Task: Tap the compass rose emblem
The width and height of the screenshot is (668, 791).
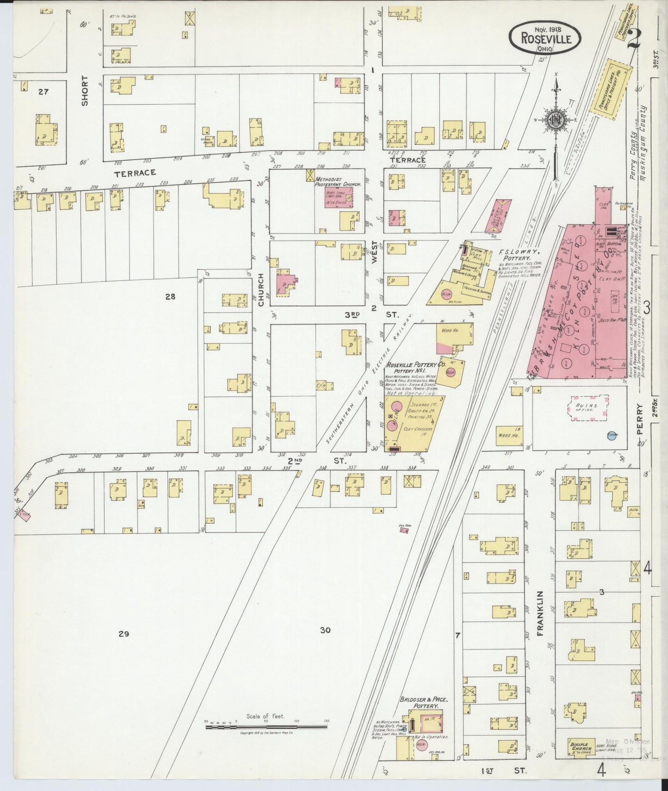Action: (x=556, y=120)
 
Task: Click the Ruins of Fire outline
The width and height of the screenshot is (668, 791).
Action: (x=588, y=408)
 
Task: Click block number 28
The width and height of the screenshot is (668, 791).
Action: (x=170, y=297)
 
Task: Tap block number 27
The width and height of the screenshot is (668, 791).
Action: (x=43, y=92)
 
